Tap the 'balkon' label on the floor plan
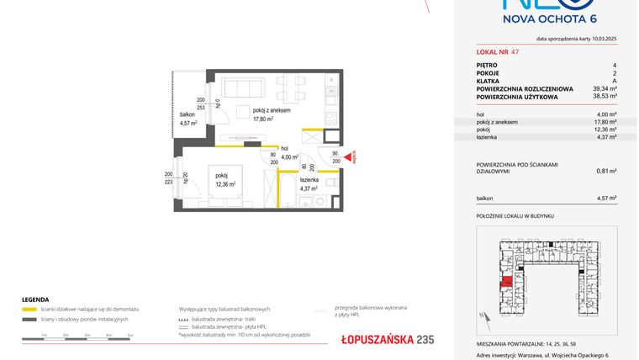tap(187, 114)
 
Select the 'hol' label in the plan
tap(285, 148)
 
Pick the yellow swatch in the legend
tap(29, 310)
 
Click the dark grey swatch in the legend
tap(29, 320)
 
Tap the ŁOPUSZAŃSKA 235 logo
tap(376, 339)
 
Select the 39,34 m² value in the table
tap(605, 87)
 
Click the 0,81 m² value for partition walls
tap(606, 171)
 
